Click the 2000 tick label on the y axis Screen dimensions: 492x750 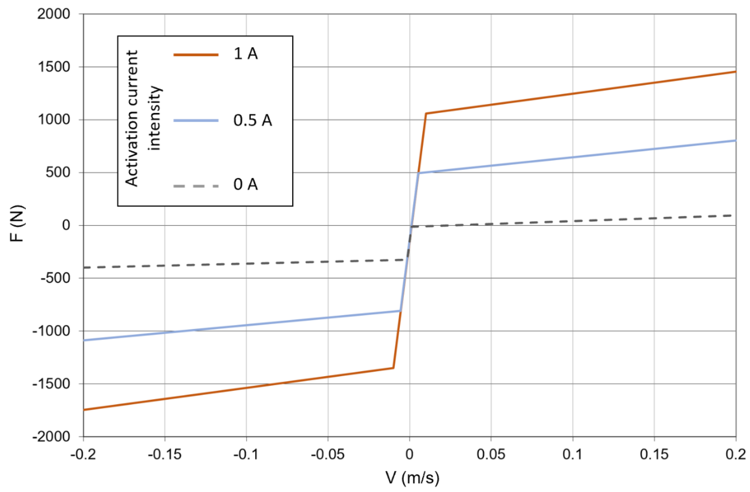[54, 14]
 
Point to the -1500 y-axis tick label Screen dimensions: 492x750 [51, 384]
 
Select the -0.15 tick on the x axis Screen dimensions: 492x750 [165, 454]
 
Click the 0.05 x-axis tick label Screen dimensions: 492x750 [491, 454]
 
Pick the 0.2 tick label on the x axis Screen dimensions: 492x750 [735, 454]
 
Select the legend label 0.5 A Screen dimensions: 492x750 [252, 120]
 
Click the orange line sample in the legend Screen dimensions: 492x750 [196, 55]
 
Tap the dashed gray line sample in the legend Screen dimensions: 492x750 [196, 186]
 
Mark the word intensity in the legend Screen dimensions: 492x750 [155, 118]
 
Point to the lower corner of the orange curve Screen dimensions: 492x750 [393, 368]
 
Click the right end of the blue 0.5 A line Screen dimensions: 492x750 [735, 141]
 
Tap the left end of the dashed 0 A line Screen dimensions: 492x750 [85, 267]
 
